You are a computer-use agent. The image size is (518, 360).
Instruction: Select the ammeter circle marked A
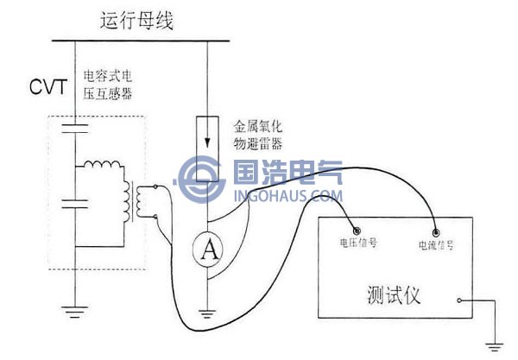(x=207, y=251)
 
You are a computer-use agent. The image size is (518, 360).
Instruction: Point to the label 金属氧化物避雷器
(x=259, y=136)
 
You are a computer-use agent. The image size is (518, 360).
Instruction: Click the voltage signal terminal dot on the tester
(x=343, y=231)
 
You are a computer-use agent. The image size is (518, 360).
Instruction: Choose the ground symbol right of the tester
(x=494, y=345)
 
